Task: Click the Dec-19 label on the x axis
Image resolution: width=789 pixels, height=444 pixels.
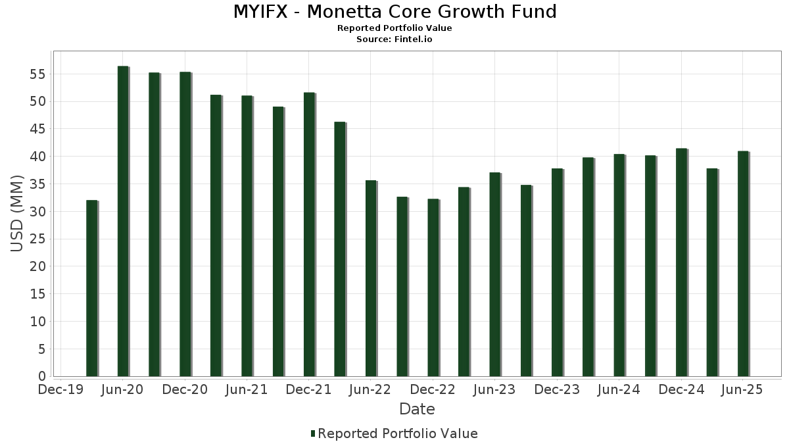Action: pyautogui.click(x=60, y=390)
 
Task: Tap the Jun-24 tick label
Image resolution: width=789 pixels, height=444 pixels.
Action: pyautogui.click(x=619, y=390)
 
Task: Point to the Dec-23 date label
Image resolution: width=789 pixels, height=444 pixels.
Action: pyautogui.click(x=557, y=390)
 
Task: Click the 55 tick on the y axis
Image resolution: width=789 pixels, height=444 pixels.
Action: pyautogui.click(x=37, y=74)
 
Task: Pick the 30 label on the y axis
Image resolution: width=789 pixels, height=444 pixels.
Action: pyautogui.click(x=37, y=212)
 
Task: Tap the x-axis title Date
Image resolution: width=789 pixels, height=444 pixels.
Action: pyautogui.click(x=417, y=409)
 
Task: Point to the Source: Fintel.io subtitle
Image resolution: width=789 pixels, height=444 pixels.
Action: pyautogui.click(x=394, y=39)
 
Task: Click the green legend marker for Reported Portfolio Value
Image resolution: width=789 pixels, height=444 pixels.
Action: pyautogui.click(x=313, y=433)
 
